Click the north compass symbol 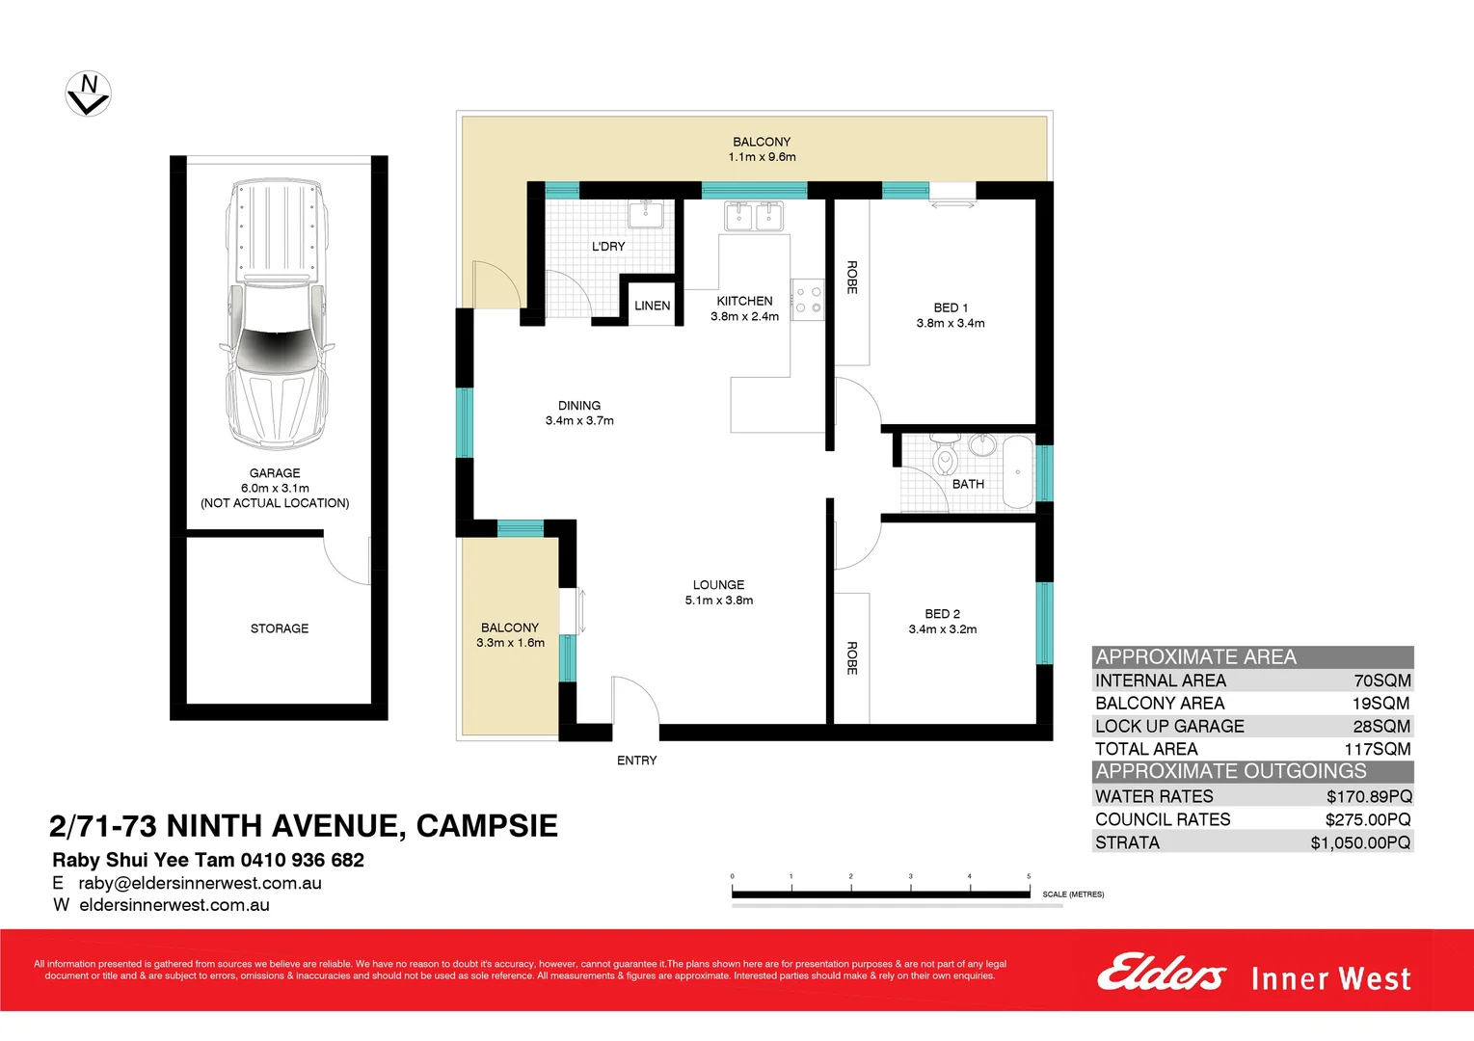88,94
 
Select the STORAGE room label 280,628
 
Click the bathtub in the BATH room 1017,471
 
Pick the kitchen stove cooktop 808,300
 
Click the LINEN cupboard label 652,306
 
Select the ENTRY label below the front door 636,761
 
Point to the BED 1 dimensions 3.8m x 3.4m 951,324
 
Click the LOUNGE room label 718,585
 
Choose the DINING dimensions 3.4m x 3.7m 579,421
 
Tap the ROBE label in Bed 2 852,657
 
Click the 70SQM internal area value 1381,681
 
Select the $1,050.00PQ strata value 1360,842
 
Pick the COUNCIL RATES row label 1163,819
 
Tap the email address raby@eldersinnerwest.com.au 200,883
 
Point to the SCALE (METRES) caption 1073,894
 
